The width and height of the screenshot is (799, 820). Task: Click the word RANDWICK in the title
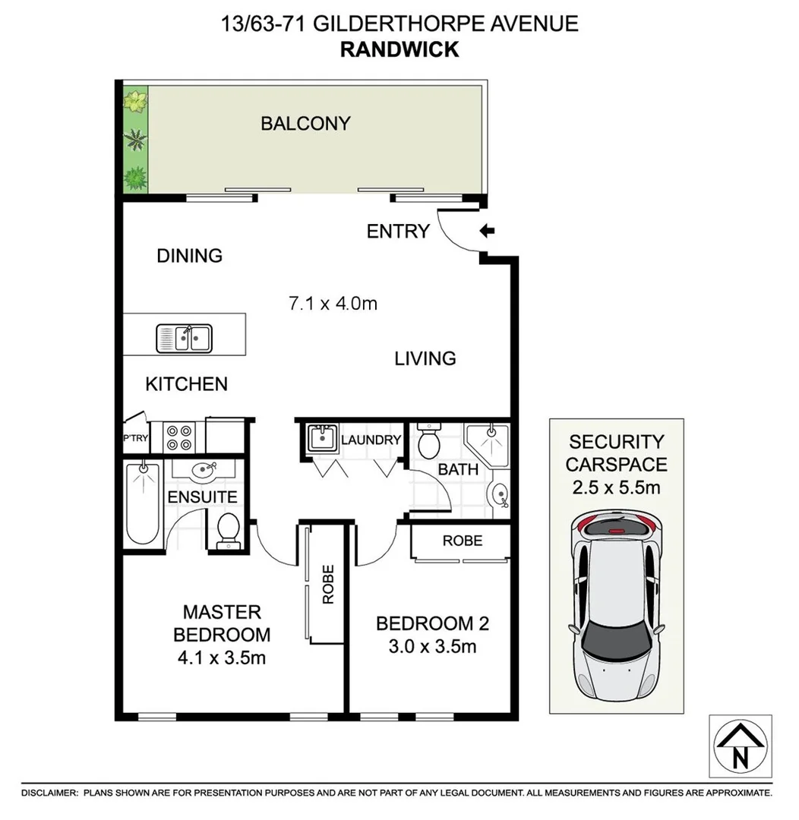[399, 49]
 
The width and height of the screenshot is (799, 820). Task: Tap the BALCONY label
[305, 123]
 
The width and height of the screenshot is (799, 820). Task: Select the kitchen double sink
[185, 338]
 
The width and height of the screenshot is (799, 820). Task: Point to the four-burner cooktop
[180, 437]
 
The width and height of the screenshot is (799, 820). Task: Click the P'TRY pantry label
[134, 438]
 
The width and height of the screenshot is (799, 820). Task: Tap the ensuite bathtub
[142, 502]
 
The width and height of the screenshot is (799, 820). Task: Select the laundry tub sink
[323, 439]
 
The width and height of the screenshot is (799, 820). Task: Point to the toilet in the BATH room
[429, 440]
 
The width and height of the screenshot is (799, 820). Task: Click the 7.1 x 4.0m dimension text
[333, 304]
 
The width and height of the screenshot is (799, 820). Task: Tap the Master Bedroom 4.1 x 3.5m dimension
[222, 658]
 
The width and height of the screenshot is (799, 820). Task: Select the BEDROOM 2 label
[432, 623]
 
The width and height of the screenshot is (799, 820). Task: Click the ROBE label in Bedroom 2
[462, 541]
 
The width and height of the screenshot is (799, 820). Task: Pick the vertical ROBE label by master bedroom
[328, 584]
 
